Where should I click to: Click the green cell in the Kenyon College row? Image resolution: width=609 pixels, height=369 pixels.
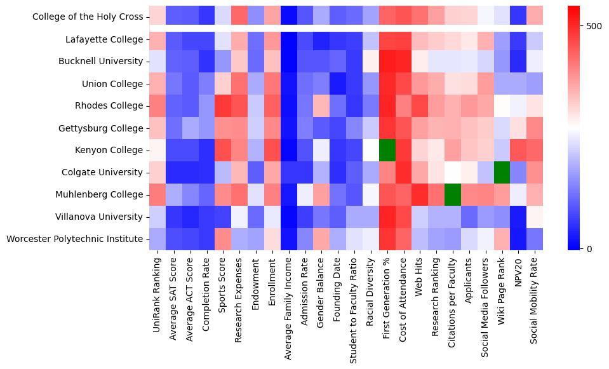tap(386, 151)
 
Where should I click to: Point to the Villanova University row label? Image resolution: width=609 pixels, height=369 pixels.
tap(102, 217)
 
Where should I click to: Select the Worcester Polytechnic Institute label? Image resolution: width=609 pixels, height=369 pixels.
tap(75, 239)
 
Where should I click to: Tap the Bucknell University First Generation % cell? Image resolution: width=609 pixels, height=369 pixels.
tap(386, 62)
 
